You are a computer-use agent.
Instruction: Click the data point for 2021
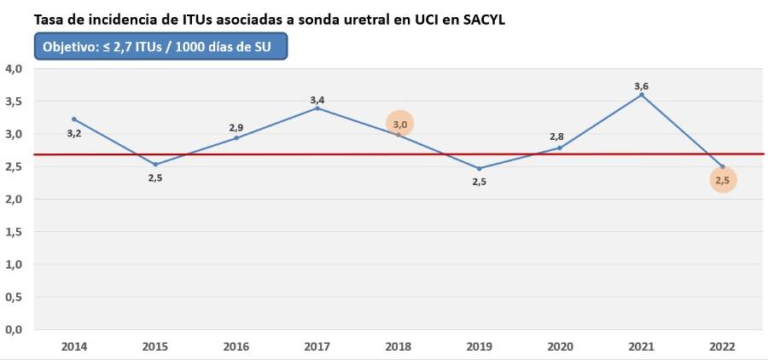642,95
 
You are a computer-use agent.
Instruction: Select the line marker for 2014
74,119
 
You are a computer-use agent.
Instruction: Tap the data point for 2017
317,108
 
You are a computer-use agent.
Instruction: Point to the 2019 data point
480,168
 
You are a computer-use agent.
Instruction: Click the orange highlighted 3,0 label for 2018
399,125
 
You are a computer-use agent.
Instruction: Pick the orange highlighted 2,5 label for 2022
723,180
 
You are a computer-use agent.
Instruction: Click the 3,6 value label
642,86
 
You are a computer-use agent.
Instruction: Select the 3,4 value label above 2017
317,100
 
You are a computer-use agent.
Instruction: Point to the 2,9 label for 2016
236,128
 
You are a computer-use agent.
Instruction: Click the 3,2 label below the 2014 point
74,133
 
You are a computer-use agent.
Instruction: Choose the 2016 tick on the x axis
236,346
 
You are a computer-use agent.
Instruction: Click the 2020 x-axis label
561,346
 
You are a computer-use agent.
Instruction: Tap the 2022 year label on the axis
723,346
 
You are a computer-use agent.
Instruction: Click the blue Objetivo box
160,47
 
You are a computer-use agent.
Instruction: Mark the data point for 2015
155,165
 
